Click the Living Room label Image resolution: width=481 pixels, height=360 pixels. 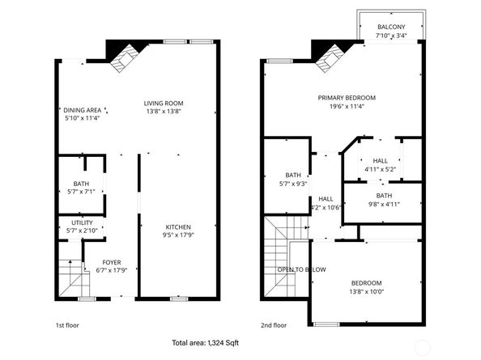pyautogui.click(x=164, y=103)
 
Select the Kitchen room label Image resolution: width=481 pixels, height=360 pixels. pyautogui.click(x=179, y=226)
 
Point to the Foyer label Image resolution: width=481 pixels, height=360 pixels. pyautogui.click(x=111, y=261)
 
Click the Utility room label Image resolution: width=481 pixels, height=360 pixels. pyautogui.click(x=82, y=222)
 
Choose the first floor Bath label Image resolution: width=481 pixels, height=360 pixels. pyautogui.click(x=82, y=183)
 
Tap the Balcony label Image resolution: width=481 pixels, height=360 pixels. pyautogui.click(x=391, y=27)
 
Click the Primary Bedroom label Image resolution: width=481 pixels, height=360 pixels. pyautogui.click(x=352, y=97)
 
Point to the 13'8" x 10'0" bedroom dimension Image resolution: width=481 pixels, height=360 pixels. pyautogui.click(x=365, y=291)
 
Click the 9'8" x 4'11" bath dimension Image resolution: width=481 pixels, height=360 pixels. pyautogui.click(x=383, y=204)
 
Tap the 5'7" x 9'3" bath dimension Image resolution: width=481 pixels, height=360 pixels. pyautogui.click(x=293, y=184)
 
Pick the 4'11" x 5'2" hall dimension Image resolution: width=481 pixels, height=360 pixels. pyautogui.click(x=380, y=169)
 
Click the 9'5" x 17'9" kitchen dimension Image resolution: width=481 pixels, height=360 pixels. pyautogui.click(x=179, y=235)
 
